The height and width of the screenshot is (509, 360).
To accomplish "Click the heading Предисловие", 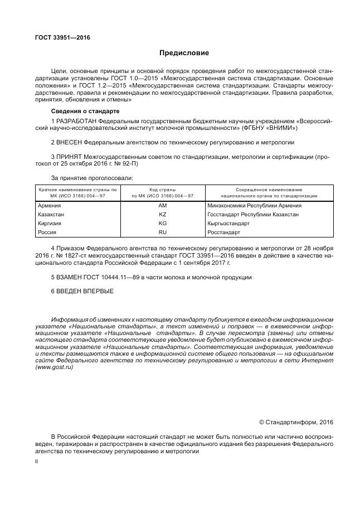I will click(184, 54).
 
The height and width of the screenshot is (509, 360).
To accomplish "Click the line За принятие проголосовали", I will click(92, 178).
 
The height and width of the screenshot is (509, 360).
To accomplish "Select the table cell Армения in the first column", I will click(49, 205).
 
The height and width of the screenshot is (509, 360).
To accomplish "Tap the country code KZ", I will click(163, 214).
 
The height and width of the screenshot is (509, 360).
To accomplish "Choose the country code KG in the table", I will click(163, 223).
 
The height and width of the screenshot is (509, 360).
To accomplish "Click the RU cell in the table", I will click(163, 232).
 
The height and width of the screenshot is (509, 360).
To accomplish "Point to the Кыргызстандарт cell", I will click(228, 223).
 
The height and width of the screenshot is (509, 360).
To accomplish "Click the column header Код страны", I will click(163, 190).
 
